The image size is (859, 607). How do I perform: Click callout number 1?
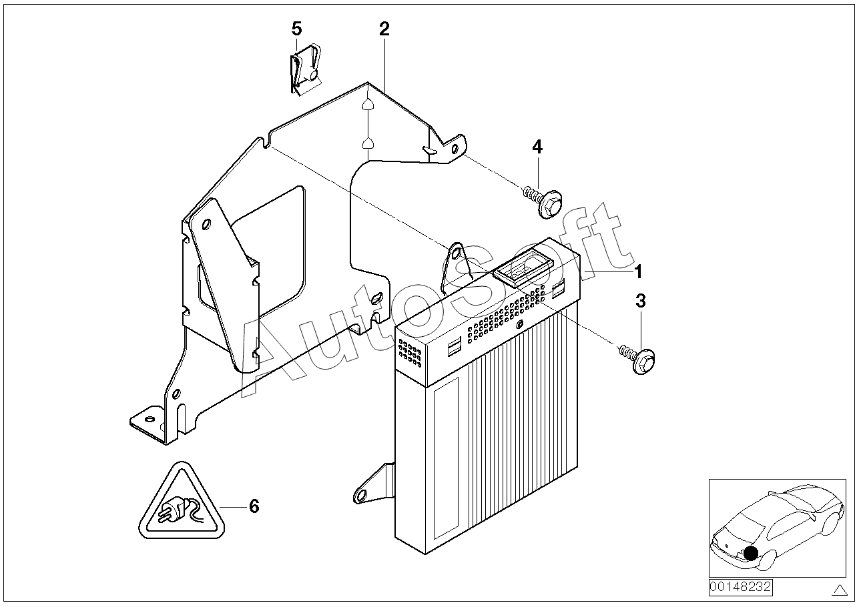click(637, 272)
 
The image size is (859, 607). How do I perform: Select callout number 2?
click(384, 29)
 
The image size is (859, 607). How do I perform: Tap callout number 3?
click(641, 301)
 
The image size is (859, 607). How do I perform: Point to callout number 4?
click(537, 147)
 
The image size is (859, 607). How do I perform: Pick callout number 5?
click(296, 29)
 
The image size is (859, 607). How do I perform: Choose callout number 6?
click(254, 507)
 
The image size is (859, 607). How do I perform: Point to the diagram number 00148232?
click(740, 588)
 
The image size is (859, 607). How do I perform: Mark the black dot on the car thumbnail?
click(752, 553)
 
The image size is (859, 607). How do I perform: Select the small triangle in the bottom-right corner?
click(839, 590)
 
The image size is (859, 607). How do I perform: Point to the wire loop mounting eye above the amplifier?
click(456, 253)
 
